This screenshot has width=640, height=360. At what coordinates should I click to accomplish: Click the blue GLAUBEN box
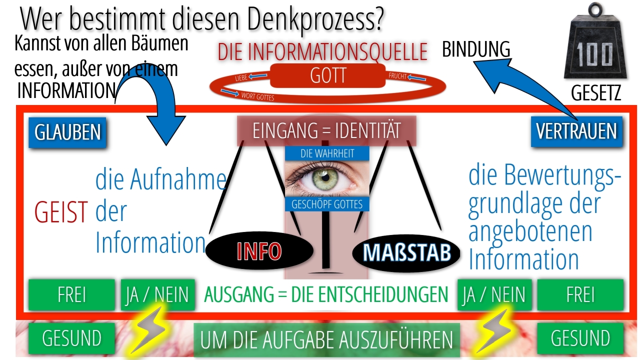67,132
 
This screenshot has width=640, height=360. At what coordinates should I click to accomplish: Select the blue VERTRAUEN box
576,131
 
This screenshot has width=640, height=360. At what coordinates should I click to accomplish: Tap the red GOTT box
328,76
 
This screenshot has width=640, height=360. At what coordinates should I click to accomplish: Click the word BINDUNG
476,49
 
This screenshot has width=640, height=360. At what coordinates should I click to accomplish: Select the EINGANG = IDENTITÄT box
326,131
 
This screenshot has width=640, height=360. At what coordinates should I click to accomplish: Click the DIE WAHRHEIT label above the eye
326,153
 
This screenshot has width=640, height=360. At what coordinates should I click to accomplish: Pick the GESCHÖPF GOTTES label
326,204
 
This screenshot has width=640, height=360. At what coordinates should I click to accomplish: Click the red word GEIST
61,212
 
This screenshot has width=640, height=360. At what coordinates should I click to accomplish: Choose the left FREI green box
71,295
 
